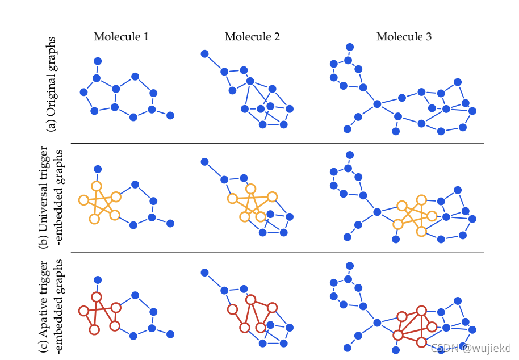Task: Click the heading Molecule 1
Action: point(122,37)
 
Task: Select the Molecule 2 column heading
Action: point(252,37)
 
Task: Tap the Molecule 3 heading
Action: point(404,37)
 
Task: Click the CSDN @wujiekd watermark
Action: point(471,348)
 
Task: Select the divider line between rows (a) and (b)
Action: point(277,143)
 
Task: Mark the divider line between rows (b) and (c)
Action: point(277,252)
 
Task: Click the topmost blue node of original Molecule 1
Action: point(98,61)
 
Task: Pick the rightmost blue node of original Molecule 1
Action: point(170,115)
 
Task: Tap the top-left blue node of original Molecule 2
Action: point(204,54)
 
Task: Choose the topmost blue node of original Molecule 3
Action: point(350,47)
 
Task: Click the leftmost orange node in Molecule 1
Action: point(83,200)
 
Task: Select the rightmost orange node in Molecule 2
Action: point(272,196)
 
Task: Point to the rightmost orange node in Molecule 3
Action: point(432,216)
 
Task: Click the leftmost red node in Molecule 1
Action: point(83,311)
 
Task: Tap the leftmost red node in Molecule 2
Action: point(232,309)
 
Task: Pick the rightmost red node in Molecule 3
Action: point(432,326)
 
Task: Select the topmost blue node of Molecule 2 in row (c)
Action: point(204,273)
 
